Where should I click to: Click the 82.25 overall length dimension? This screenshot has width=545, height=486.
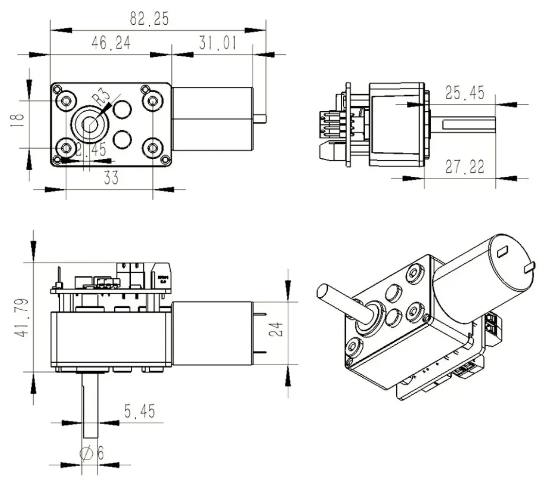149,18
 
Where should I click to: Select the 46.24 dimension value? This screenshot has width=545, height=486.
111,43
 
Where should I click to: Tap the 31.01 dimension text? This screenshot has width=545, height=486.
217,43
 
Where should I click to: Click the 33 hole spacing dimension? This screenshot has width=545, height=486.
111,178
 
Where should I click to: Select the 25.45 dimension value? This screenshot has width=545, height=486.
465,92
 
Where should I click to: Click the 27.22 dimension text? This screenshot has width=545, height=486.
465,167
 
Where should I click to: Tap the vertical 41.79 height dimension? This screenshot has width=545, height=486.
21,318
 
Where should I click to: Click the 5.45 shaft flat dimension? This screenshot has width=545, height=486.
139,412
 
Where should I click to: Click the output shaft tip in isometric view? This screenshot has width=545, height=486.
324,292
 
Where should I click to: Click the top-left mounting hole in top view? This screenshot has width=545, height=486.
66,100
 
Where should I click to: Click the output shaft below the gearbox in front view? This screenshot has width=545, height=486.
90,403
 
